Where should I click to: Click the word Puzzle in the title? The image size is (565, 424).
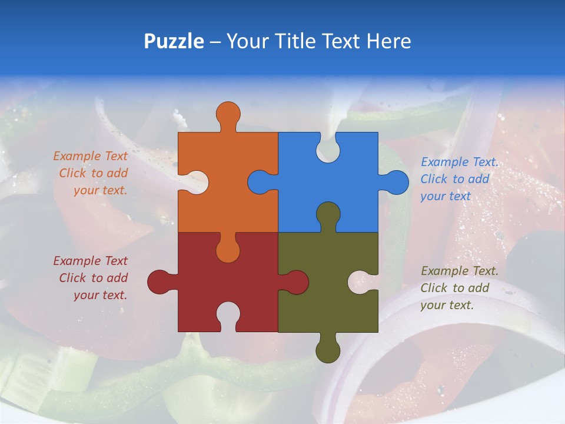pyautogui.click(x=174, y=41)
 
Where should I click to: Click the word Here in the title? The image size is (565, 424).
pyautogui.click(x=388, y=41)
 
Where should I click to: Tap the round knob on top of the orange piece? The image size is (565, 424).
pyautogui.click(x=228, y=113)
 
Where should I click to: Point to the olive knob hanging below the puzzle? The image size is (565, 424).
pyautogui.click(x=328, y=350)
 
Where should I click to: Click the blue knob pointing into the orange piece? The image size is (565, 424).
pyautogui.click(x=260, y=182)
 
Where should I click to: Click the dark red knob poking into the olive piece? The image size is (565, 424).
pyautogui.click(x=295, y=281)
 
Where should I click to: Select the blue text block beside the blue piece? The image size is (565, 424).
pyautogui.click(x=459, y=179)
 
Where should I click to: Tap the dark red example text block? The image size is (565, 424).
pyautogui.click(x=91, y=278)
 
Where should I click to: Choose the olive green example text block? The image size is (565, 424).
pyautogui.click(x=459, y=288)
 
